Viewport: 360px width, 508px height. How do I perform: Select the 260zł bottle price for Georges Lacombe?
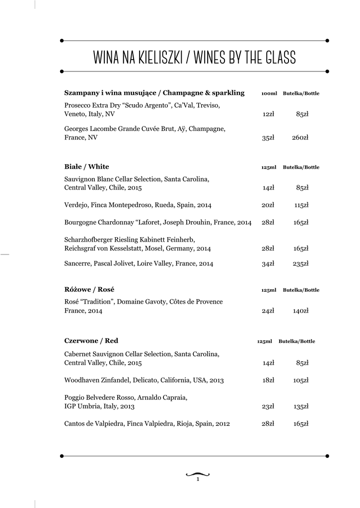click(x=300, y=137)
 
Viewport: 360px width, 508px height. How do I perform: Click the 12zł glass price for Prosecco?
click(x=268, y=114)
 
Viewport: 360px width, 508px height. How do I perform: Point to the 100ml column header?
click(x=269, y=93)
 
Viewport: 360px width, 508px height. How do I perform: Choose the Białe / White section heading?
click(x=86, y=167)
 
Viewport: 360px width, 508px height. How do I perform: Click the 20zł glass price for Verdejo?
click(x=268, y=205)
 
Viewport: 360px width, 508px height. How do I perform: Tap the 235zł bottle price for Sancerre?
click(x=300, y=264)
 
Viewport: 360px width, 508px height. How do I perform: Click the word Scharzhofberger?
click(x=88, y=239)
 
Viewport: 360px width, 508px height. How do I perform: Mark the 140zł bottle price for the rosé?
click(x=300, y=311)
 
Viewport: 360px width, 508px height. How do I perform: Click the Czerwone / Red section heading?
click(x=91, y=341)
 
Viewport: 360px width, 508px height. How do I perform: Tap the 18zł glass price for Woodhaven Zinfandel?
click(x=268, y=381)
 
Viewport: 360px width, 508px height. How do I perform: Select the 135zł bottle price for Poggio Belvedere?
click(x=300, y=406)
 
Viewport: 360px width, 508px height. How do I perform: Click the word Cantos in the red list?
click(x=74, y=424)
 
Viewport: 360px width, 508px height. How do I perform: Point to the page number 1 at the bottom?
click(x=198, y=480)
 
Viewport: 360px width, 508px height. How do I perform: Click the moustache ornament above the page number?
click(x=198, y=473)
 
